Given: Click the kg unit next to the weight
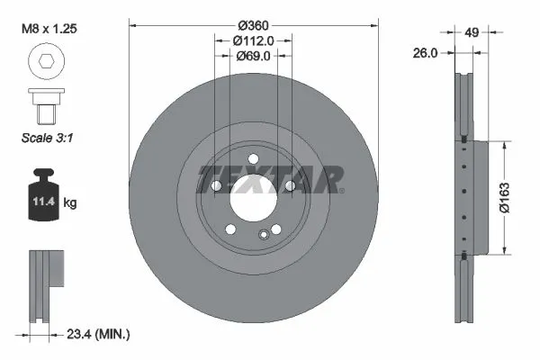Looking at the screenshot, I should [x=70, y=203].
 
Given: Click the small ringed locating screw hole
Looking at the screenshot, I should [x=264, y=234].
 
